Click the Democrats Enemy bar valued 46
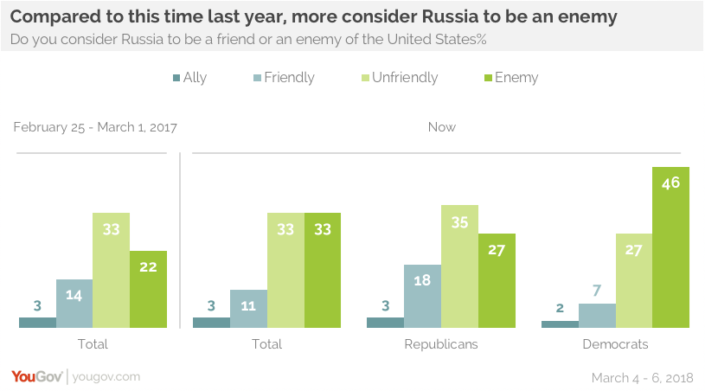(670, 247)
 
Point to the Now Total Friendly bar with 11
(248, 309)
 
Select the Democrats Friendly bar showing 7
(597, 316)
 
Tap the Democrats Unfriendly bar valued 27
(633, 281)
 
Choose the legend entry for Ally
(189, 78)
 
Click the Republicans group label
(441, 344)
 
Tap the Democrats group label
(616, 344)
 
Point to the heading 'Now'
(441, 127)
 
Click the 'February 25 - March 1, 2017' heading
(95, 127)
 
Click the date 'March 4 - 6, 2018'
(643, 378)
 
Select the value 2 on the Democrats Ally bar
(560, 309)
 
